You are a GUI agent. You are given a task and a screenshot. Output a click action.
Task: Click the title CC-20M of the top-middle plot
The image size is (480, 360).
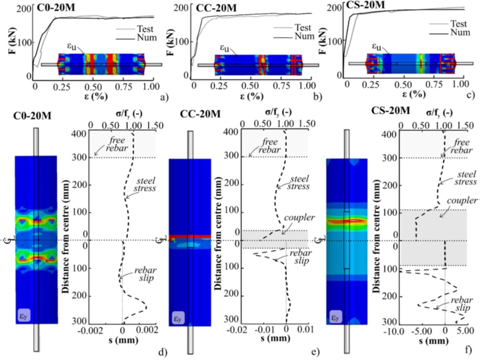[214, 8]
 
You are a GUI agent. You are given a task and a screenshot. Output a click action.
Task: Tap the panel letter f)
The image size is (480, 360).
[472, 352]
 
